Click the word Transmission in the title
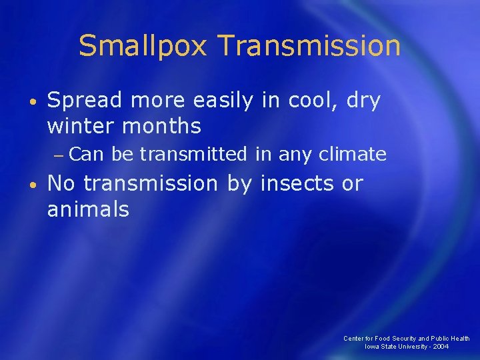(x=309, y=47)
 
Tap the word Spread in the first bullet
(x=85, y=101)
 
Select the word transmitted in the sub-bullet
(x=194, y=155)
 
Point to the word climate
(x=353, y=155)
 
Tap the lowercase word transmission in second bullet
(x=153, y=183)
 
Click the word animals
(x=88, y=209)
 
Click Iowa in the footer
(x=372, y=347)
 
